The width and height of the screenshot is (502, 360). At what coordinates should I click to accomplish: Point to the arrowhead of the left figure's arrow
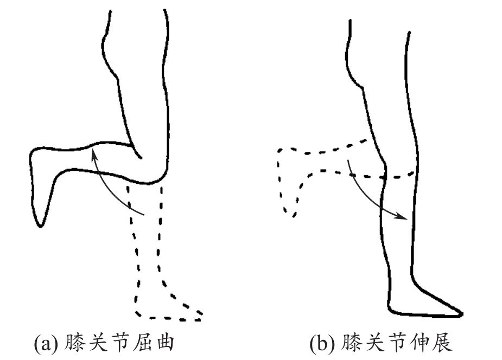click(94, 153)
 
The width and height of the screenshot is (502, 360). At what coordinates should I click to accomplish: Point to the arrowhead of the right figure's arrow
click(404, 218)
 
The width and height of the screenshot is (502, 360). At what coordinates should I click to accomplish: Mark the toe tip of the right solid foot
click(461, 313)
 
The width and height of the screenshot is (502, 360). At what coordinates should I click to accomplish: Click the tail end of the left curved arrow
click(144, 215)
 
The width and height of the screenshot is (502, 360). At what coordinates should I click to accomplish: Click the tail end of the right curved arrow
click(348, 159)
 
